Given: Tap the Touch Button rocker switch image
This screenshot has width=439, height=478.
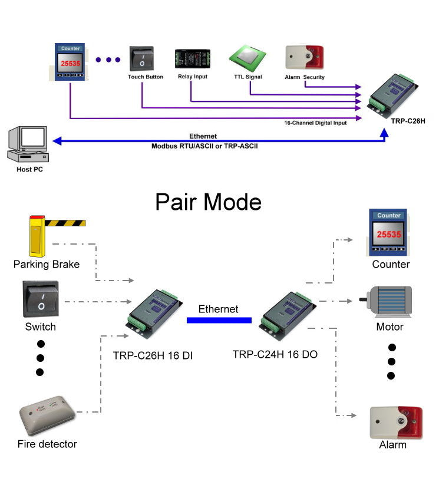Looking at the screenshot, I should point(142,59).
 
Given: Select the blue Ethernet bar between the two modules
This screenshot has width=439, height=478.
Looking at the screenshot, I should point(219,320).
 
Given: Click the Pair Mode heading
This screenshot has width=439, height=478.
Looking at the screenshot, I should point(208,202).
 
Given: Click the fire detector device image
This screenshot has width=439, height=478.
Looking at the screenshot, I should point(47,415).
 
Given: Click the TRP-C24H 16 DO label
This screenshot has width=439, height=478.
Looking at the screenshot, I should point(275,354).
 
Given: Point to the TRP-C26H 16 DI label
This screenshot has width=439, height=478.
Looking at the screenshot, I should point(153,355).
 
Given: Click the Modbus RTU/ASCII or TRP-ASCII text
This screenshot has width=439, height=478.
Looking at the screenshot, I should point(204,144).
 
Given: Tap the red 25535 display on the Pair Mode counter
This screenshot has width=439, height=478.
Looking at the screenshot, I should point(389,234).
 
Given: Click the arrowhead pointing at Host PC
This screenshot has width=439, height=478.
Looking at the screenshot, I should point(56,141).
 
